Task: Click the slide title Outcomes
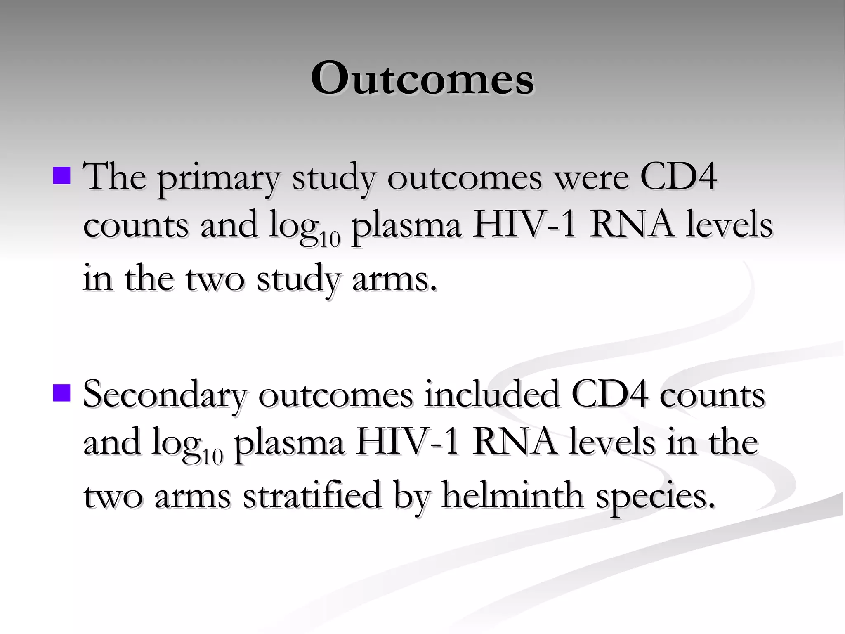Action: pyautogui.click(x=422, y=78)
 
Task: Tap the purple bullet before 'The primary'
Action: pyautogui.click(x=62, y=175)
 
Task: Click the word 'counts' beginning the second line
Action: pyautogui.click(x=136, y=225)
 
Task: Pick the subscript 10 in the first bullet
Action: pyautogui.click(x=329, y=239)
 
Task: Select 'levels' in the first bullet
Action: pyautogui.click(x=729, y=225)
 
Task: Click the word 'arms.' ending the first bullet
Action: pyautogui.click(x=394, y=278)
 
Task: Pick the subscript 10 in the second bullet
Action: pyautogui.click(x=212, y=457)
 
